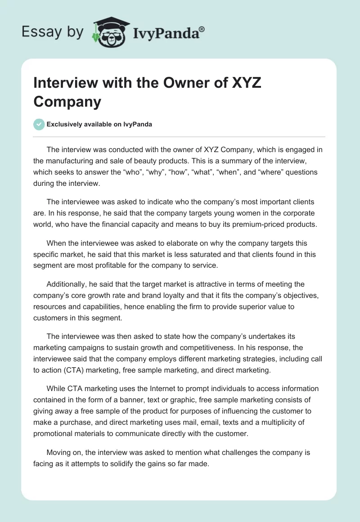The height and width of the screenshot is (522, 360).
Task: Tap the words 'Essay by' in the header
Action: (53, 32)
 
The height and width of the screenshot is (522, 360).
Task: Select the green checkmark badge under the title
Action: (39, 124)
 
